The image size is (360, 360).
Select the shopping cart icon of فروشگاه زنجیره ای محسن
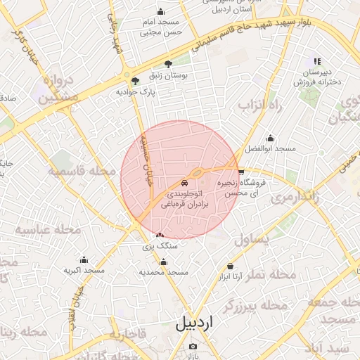241,171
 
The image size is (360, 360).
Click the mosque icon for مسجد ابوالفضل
270,138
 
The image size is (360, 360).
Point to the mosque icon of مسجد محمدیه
164,262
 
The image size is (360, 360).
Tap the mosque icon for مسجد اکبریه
84,259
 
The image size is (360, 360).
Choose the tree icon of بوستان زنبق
167,64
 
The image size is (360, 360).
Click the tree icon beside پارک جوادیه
135,81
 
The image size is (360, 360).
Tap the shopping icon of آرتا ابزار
231,266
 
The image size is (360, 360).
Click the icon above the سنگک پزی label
160,236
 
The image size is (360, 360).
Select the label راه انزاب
259,106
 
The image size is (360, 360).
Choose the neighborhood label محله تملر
277,274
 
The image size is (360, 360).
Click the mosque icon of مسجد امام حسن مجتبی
161,11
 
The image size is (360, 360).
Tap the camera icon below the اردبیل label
193,347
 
